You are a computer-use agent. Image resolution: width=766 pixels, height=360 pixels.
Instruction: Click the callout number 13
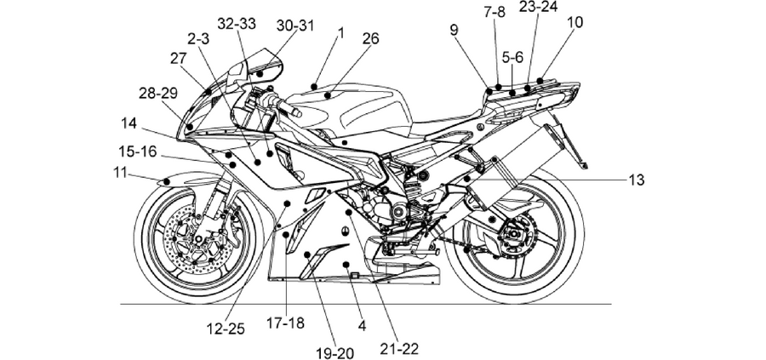point(637,180)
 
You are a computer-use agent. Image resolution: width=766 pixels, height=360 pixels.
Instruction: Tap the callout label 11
point(120,173)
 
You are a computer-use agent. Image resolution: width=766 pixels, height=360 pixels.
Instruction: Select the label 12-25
point(226,329)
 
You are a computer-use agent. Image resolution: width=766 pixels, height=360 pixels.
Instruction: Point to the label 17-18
point(285,323)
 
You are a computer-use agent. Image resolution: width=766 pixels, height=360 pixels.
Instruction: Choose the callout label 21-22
point(400,349)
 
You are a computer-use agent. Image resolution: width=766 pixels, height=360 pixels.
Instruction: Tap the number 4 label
point(362,326)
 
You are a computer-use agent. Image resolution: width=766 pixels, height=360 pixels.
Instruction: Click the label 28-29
point(158,94)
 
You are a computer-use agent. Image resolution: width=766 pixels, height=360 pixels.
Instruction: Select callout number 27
point(179,59)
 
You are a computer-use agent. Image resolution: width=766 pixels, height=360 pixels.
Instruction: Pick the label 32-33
point(237,24)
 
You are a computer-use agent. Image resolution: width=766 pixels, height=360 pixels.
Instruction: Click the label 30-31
point(295,26)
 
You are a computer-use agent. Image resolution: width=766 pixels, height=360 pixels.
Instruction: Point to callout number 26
point(371,38)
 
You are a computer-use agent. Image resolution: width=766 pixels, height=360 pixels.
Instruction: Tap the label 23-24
point(539,7)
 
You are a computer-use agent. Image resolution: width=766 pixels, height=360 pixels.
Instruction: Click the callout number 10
point(575,22)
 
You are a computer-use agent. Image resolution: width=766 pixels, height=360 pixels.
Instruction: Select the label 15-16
point(138,151)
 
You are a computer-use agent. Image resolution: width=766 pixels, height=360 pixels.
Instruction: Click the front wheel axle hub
point(199,240)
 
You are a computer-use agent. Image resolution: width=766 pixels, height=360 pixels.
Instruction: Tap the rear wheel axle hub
point(512,233)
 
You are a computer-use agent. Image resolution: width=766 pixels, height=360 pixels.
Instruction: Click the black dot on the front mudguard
point(166,182)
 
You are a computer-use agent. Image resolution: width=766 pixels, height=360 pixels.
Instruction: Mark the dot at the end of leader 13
point(467,180)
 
